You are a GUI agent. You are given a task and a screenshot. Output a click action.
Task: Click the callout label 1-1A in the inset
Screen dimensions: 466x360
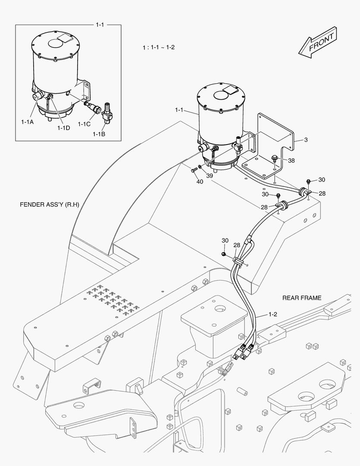[27, 122]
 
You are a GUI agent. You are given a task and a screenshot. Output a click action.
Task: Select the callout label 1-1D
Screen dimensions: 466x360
[64, 128]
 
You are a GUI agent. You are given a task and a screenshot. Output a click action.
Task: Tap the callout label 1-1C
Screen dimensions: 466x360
[84, 124]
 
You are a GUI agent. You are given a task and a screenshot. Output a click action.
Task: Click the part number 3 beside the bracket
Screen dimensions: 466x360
[305, 140]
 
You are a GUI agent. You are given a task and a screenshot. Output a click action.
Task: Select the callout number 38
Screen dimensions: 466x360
[291, 161]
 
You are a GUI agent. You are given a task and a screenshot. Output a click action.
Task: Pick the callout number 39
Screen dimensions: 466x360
[210, 176]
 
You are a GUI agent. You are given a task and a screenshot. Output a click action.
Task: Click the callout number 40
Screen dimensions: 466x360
[200, 182]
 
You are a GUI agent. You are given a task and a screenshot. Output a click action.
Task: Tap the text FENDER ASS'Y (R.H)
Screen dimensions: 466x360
[50, 205]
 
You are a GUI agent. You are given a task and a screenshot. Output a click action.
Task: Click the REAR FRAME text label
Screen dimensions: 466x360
[302, 298]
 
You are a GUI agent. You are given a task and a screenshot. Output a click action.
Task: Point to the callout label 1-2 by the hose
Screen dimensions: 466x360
[272, 314]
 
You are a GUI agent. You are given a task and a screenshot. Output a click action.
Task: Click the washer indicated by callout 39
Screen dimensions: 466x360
[200, 167]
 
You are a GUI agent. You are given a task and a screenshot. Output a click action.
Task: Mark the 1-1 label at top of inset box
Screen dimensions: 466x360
[100, 25]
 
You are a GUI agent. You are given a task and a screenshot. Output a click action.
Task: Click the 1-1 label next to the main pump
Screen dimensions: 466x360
[180, 110]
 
